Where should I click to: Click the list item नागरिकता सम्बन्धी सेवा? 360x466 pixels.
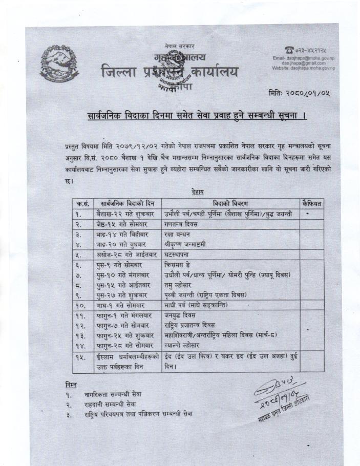[113, 394]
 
